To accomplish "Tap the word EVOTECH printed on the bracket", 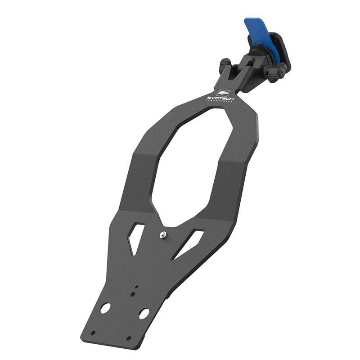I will [218, 98].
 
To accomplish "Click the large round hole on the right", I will [144, 314].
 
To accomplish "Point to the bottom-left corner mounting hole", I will [93, 333].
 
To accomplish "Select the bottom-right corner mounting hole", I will [129, 338].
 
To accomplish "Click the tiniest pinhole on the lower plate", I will [137, 286].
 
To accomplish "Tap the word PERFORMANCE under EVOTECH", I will [219, 102].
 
